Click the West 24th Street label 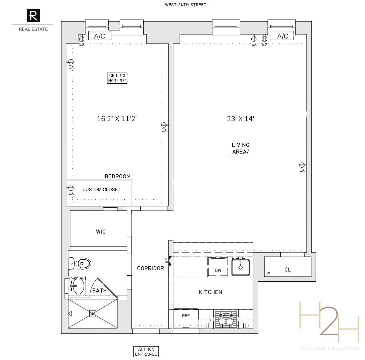(186, 5)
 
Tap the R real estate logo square (33, 15)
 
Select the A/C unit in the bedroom (100, 36)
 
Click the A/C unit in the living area (282, 36)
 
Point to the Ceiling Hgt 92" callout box (117, 78)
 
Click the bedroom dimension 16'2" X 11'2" (117, 118)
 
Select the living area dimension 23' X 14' (241, 118)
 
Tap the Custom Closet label (101, 189)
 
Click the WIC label (101, 232)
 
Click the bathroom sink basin (78, 286)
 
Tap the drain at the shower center (93, 313)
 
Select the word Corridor (150, 268)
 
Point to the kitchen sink (240, 267)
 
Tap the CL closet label (287, 270)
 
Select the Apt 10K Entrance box (146, 352)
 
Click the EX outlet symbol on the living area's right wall (302, 165)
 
